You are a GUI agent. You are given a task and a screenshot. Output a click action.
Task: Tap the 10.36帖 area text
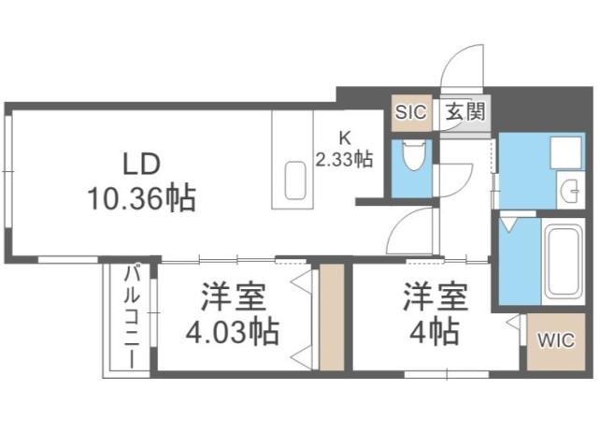click(142, 197)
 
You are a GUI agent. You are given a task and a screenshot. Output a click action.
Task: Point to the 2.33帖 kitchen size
click(344, 159)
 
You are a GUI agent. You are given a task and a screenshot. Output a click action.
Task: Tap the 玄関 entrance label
click(464, 112)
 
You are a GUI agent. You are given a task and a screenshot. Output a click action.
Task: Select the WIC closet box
click(554, 340)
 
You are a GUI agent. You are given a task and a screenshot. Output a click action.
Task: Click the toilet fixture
click(411, 156)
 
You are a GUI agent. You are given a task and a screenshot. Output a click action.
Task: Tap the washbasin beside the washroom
click(567, 189)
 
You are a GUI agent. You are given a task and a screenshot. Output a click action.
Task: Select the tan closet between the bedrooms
click(332, 318)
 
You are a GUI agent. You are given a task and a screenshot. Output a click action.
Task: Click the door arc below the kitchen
click(411, 229)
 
